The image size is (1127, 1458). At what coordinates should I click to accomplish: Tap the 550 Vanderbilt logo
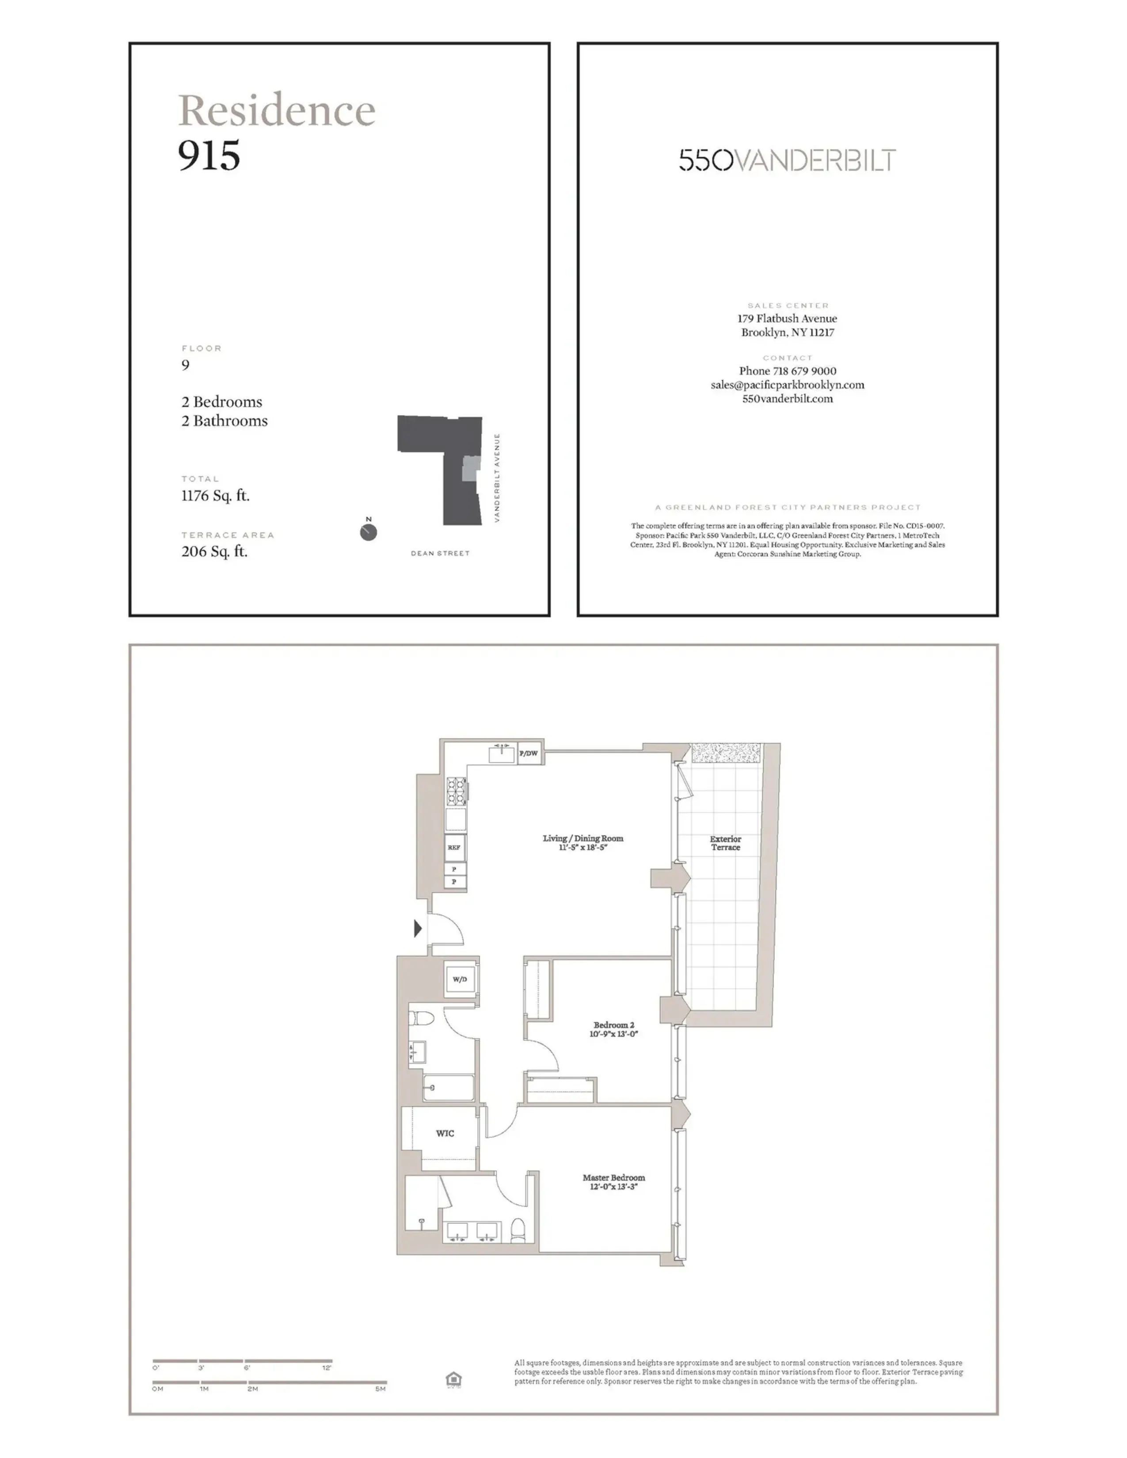click(x=787, y=160)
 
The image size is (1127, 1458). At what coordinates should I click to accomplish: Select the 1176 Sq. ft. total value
click(x=215, y=495)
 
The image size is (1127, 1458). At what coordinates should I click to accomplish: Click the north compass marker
click(x=368, y=532)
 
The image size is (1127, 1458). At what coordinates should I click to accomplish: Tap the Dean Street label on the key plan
click(x=440, y=554)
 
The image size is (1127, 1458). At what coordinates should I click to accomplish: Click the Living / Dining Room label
click(x=583, y=843)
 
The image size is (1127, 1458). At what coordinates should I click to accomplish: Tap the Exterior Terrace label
click(x=725, y=843)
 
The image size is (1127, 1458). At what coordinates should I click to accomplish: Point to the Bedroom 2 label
click(x=613, y=1029)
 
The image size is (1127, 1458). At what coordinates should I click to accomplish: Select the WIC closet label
click(x=445, y=1133)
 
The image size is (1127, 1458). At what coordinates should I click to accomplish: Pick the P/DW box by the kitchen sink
click(x=528, y=754)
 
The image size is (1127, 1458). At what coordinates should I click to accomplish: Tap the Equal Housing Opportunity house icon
click(x=453, y=1379)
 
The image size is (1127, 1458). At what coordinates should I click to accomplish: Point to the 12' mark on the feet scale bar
click(x=327, y=1368)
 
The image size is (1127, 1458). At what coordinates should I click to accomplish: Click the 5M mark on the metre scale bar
click(x=381, y=1389)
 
